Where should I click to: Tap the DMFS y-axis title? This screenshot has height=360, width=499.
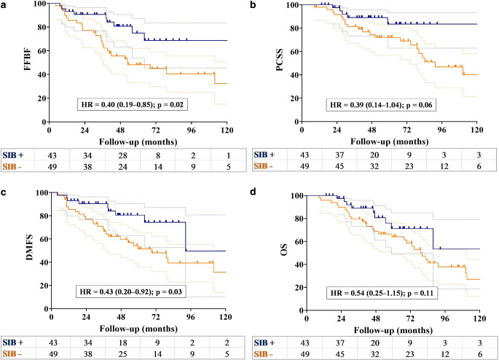tap(13, 251)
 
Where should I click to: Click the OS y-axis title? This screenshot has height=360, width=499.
tap(262, 251)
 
